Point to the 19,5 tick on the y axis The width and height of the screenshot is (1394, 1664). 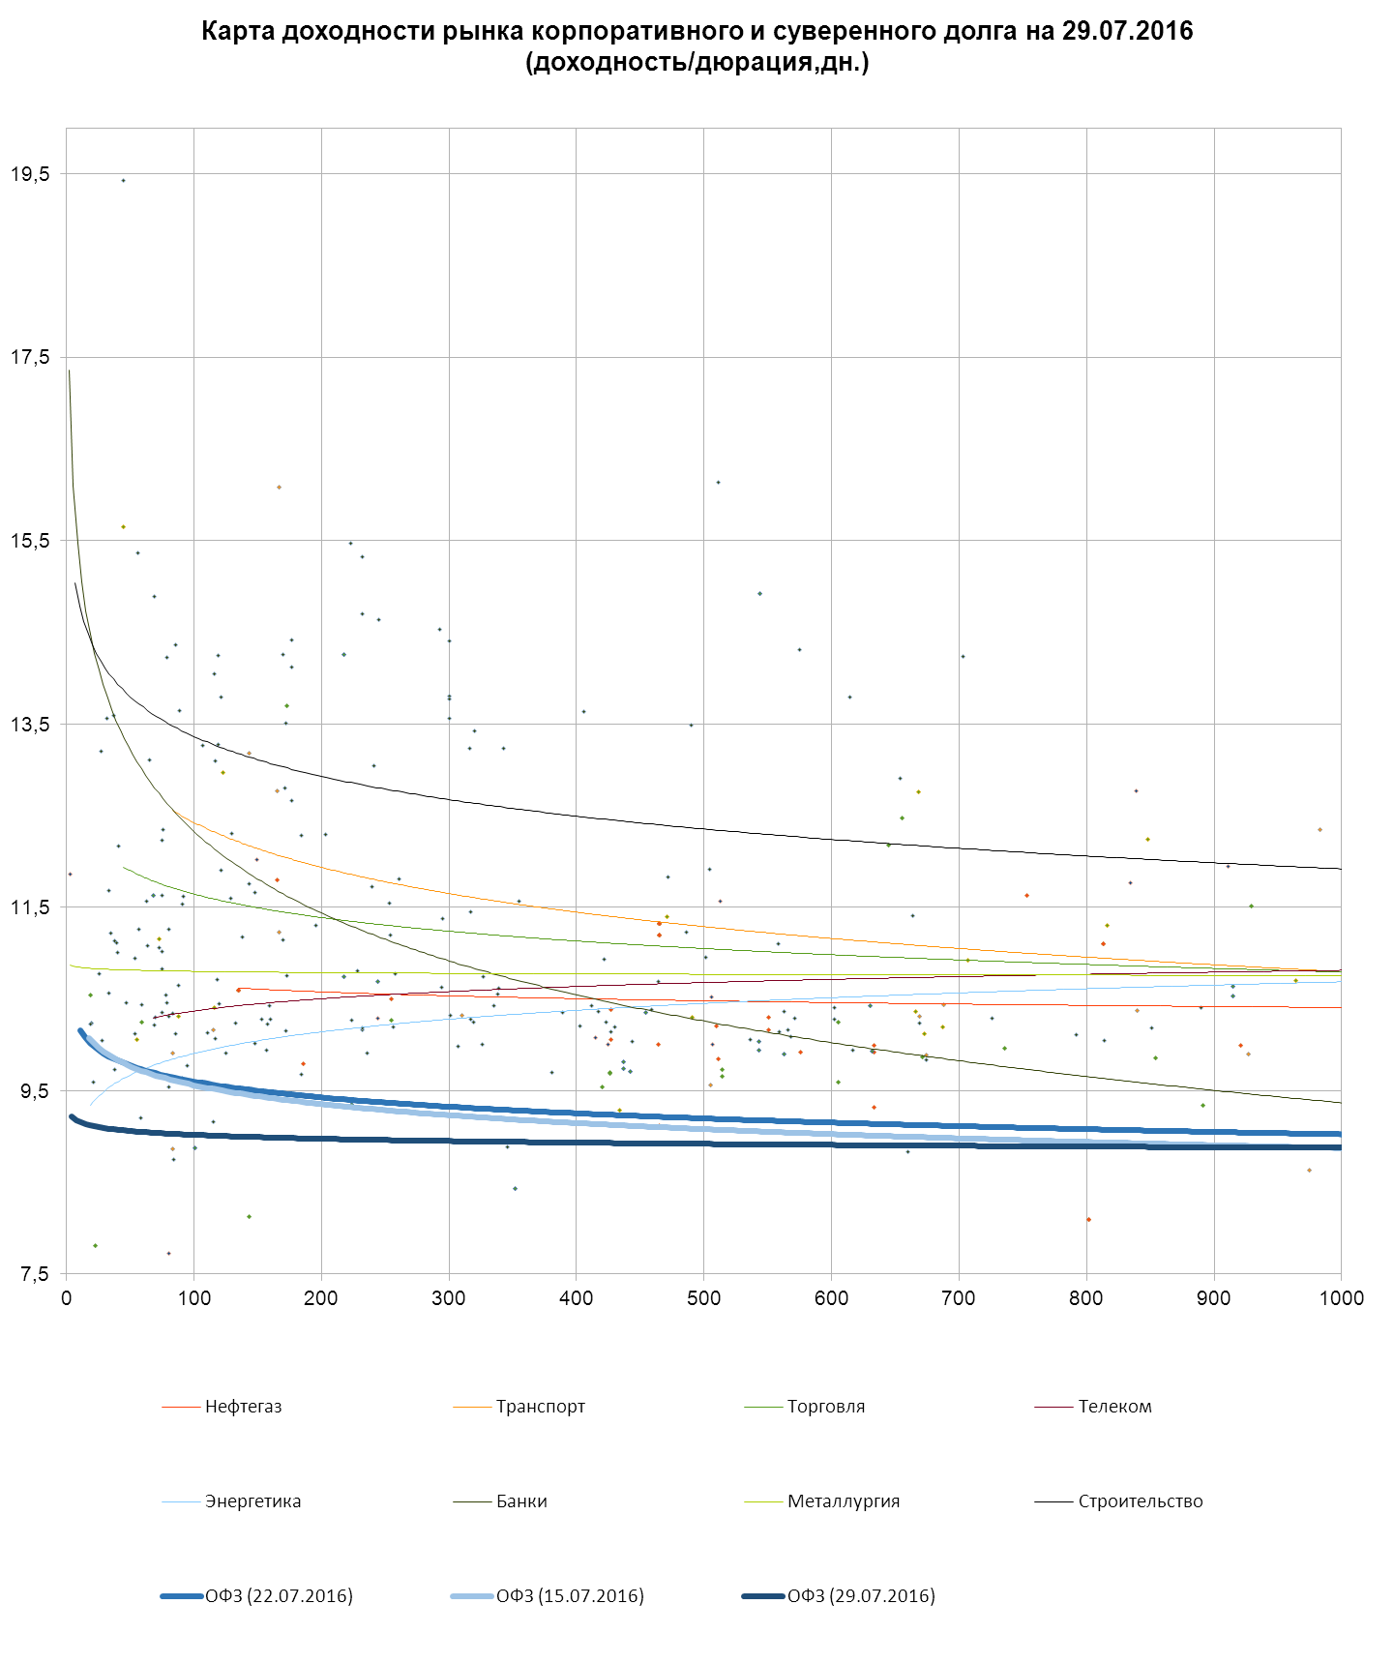pyautogui.click(x=30, y=174)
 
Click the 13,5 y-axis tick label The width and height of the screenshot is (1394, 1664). pyautogui.click(x=30, y=725)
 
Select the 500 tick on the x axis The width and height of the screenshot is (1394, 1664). pyautogui.click(x=703, y=1298)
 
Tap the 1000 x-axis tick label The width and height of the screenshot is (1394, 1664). pyautogui.click(x=1341, y=1298)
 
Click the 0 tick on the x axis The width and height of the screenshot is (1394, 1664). pyautogui.click(x=67, y=1298)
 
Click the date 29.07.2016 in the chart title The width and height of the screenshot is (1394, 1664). pyautogui.click(x=1127, y=31)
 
